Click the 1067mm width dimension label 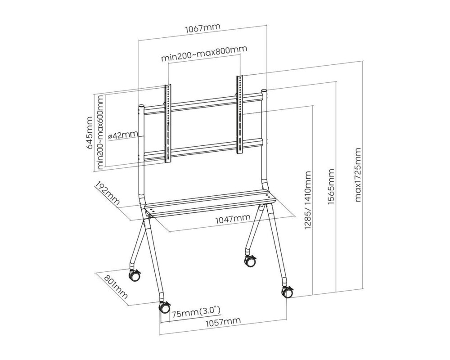click(x=202, y=27)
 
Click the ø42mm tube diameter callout click(x=123, y=135)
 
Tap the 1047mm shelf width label click(x=232, y=219)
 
